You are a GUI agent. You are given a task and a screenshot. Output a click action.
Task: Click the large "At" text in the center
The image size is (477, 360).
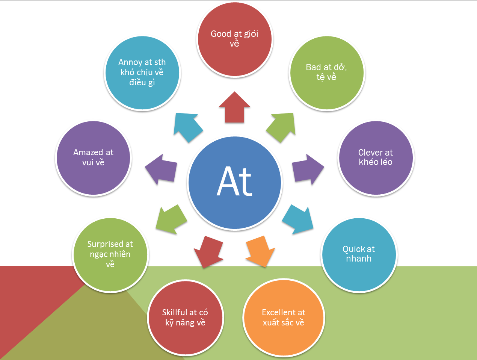click(234, 182)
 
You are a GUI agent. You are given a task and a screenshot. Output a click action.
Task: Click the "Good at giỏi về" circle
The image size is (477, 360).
click(235, 39)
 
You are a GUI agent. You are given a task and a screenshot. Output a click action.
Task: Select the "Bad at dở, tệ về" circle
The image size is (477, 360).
click(327, 73)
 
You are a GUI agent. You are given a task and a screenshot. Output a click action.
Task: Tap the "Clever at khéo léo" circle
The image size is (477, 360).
click(376, 158)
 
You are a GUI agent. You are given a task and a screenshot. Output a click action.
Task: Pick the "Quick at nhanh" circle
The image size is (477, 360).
click(359, 254)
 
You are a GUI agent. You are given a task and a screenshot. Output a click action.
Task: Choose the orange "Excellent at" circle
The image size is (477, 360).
click(284, 318)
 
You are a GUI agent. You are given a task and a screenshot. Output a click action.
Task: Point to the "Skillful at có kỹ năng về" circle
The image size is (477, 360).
click(186, 318)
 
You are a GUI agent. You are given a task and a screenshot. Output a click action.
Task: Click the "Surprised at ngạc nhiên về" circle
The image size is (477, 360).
click(110, 254)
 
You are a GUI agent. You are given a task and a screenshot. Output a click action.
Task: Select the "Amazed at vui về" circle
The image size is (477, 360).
click(93, 158)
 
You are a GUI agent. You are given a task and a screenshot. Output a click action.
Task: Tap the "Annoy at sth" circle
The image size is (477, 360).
click(142, 73)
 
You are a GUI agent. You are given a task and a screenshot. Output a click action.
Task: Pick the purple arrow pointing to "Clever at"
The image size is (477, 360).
click(307, 169)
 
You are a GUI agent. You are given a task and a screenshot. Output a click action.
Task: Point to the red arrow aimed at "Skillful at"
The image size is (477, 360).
click(208, 251)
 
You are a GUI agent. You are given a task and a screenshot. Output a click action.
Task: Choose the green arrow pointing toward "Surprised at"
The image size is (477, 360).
click(171, 219)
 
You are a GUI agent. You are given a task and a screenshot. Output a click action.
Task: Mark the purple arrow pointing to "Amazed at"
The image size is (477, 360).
click(162, 169)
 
